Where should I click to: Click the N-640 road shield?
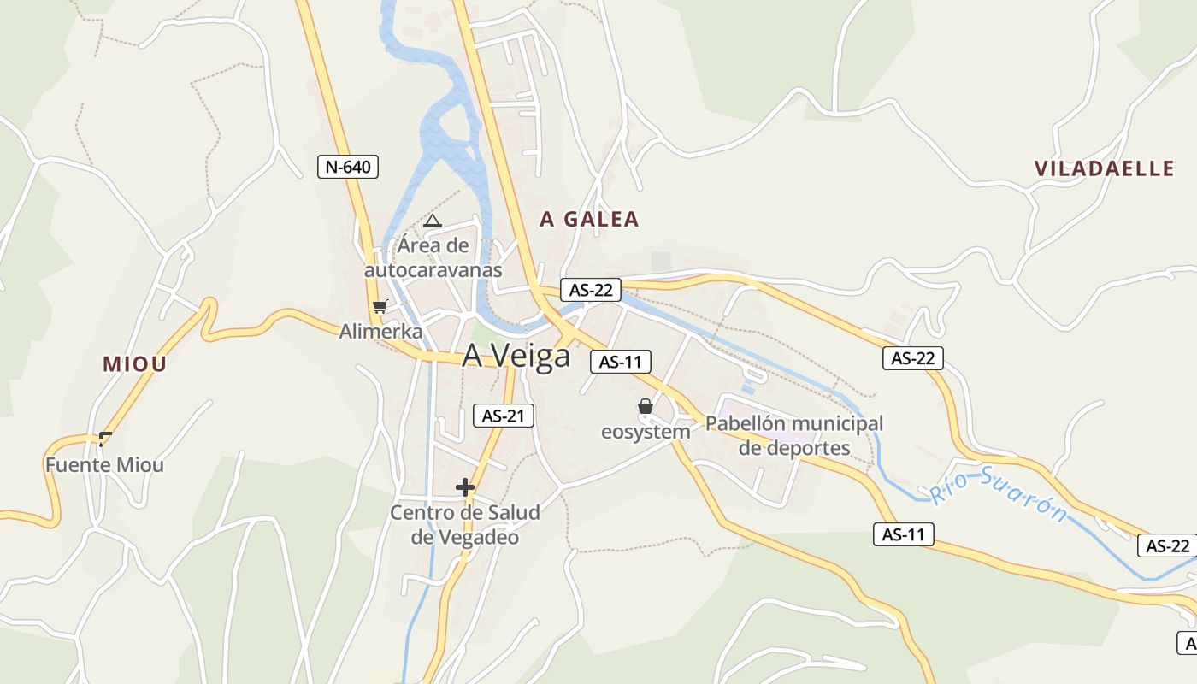[x=348, y=167]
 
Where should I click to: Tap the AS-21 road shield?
[x=503, y=416]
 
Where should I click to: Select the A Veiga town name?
[x=516, y=356]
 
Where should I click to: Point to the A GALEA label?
[x=589, y=220]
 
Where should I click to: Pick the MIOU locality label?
[x=134, y=364]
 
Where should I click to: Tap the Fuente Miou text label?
[x=104, y=466]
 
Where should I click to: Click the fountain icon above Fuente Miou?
[x=105, y=439]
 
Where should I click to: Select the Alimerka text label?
[x=380, y=332]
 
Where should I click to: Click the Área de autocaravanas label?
[x=433, y=257]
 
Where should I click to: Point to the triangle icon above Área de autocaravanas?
[x=433, y=221]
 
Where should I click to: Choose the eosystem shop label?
[x=646, y=432]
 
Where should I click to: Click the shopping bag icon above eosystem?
[x=646, y=406]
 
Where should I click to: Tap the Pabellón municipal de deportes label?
[x=794, y=435]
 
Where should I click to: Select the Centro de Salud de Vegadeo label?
[x=465, y=524]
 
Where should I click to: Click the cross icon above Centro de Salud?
[x=465, y=488]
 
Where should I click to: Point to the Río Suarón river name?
[x=999, y=494]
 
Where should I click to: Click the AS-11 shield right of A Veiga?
[x=621, y=362]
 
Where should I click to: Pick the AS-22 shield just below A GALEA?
[x=591, y=290]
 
